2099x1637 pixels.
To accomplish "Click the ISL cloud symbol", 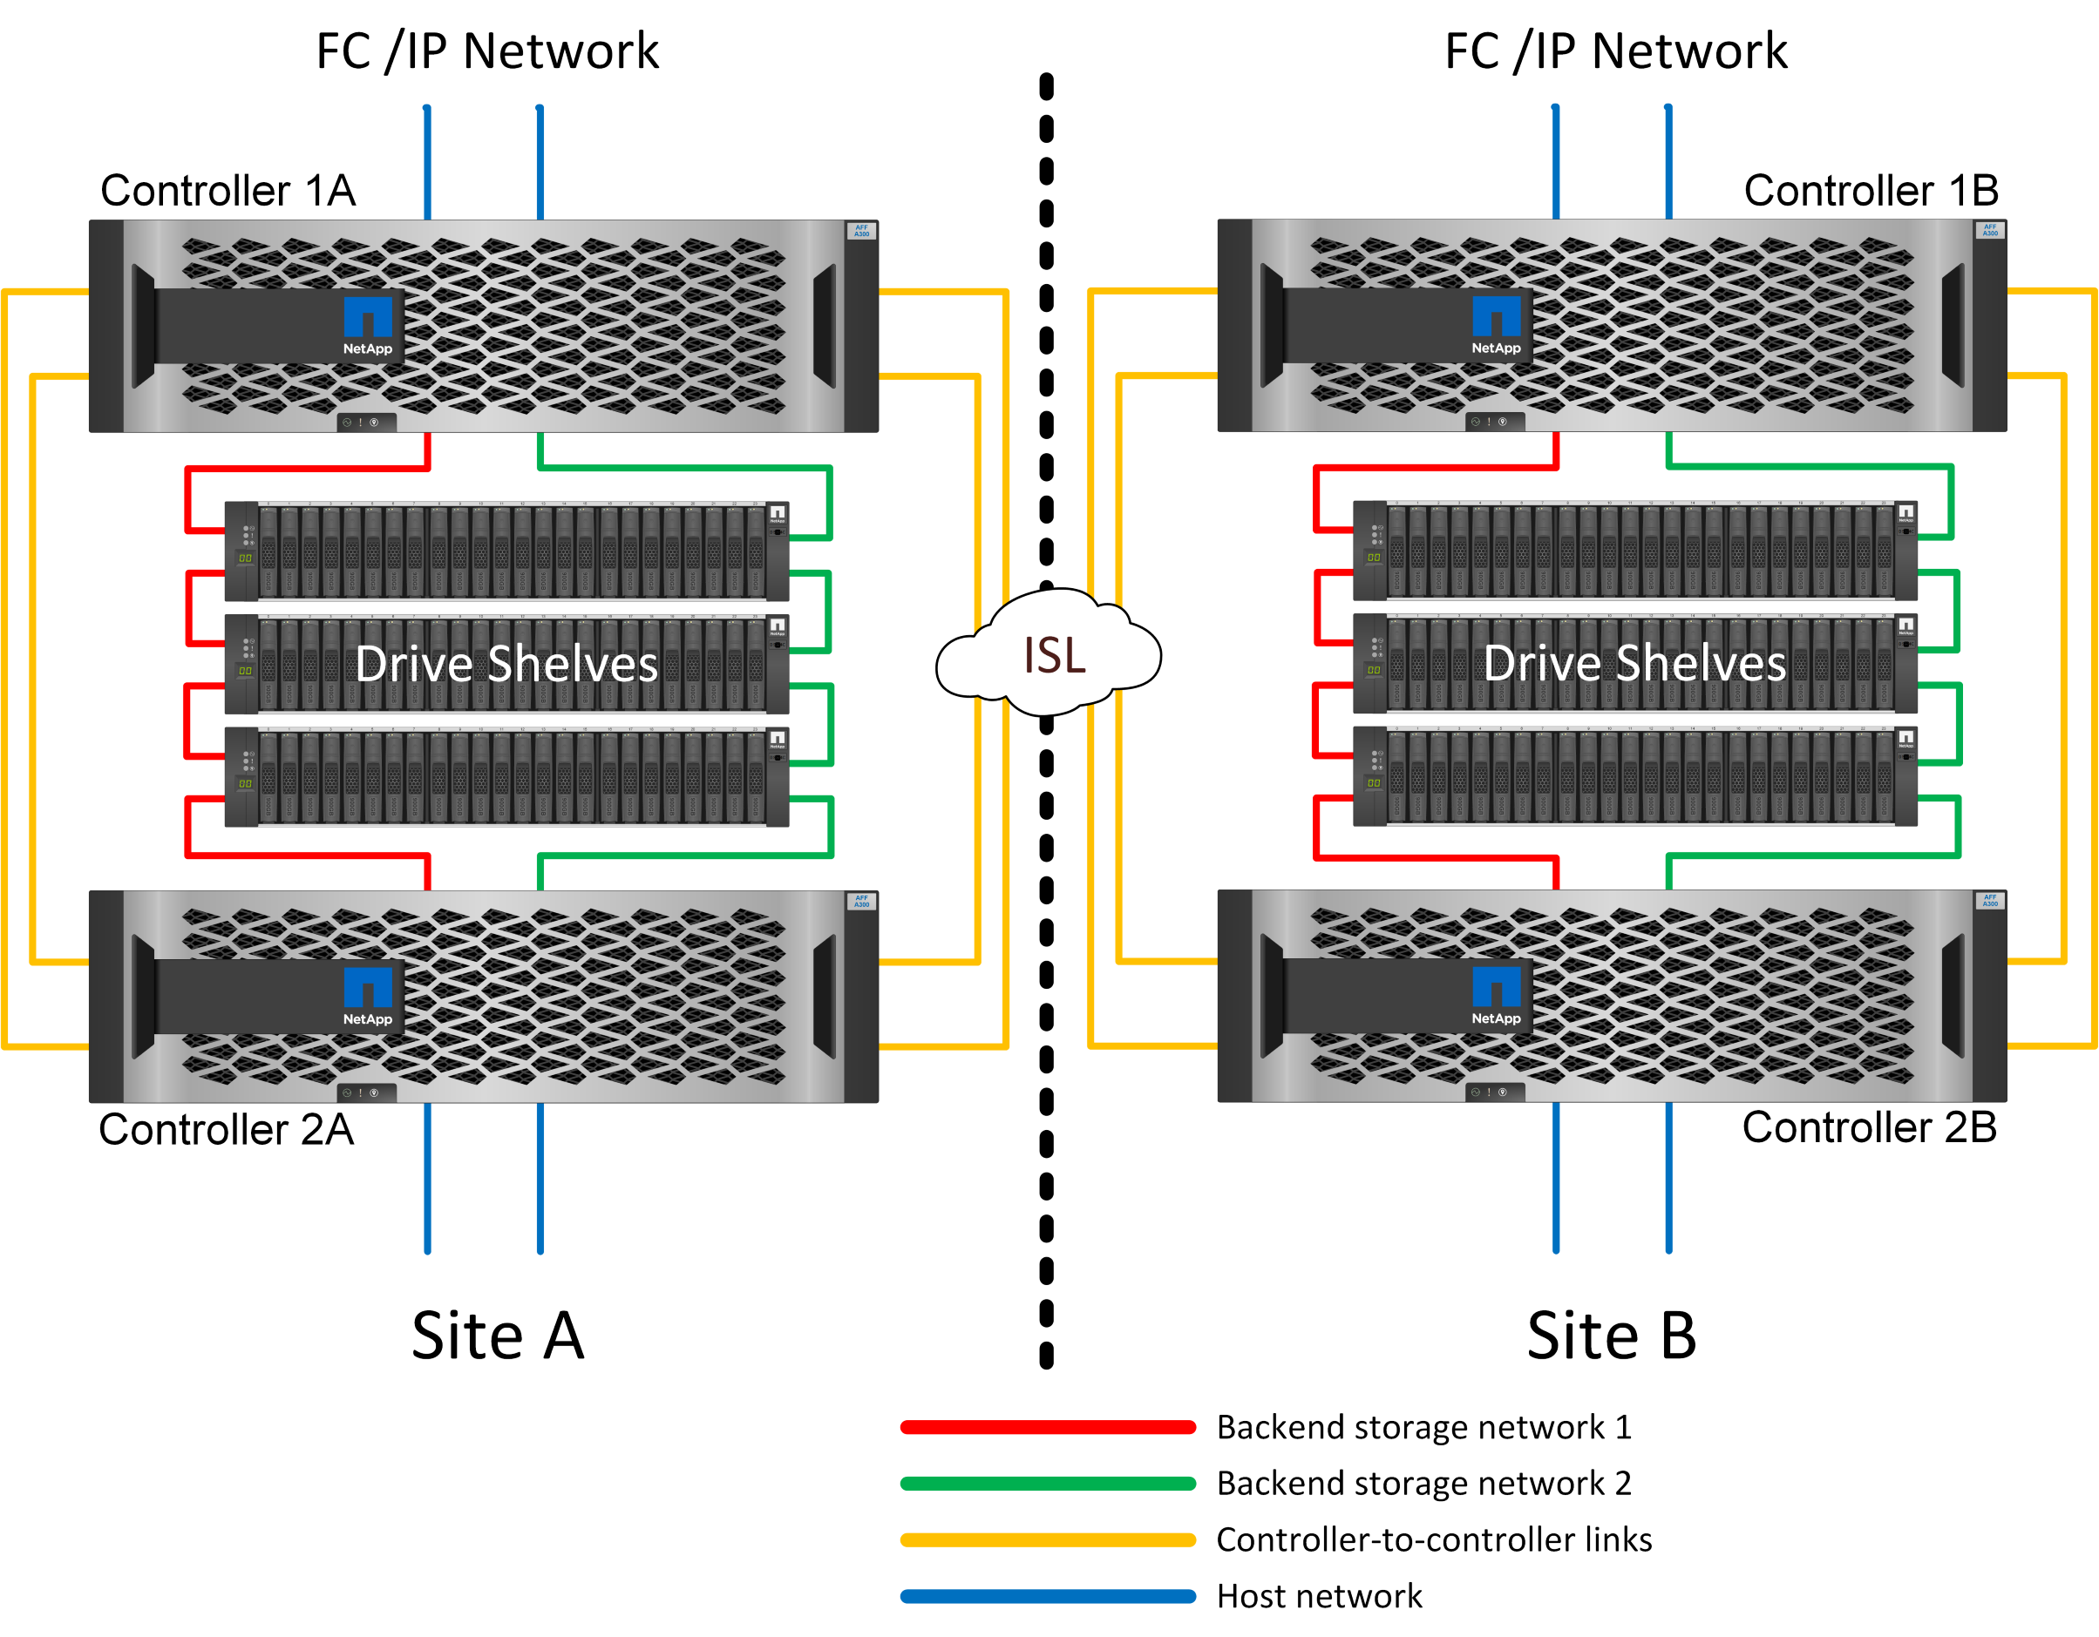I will (1049, 655).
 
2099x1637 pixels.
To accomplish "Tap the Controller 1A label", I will (228, 190).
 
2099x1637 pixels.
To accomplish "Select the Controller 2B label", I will (1869, 1126).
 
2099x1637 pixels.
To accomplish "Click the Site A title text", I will (498, 1336).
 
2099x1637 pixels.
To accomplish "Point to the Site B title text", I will (1612, 1336).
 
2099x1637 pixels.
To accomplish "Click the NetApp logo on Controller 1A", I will (368, 326).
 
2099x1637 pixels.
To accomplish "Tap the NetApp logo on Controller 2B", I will (1497, 996).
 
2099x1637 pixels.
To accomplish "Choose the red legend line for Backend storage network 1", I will (1048, 1428).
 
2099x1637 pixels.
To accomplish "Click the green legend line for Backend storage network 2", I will (1048, 1484).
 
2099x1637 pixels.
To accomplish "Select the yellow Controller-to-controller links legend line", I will (1048, 1540).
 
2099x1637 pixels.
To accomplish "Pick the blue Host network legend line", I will (1048, 1597).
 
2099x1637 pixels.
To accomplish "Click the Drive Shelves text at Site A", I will (506, 664).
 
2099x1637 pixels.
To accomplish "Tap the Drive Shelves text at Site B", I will (1634, 663).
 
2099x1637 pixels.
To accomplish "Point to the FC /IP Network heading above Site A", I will (487, 51).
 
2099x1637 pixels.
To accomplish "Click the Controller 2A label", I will (226, 1129).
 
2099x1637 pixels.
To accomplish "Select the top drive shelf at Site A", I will (506, 551).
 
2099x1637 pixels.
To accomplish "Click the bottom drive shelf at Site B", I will (1634, 776).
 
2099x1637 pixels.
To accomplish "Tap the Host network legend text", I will (1319, 1597).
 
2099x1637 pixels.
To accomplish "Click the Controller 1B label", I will (1871, 190).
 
